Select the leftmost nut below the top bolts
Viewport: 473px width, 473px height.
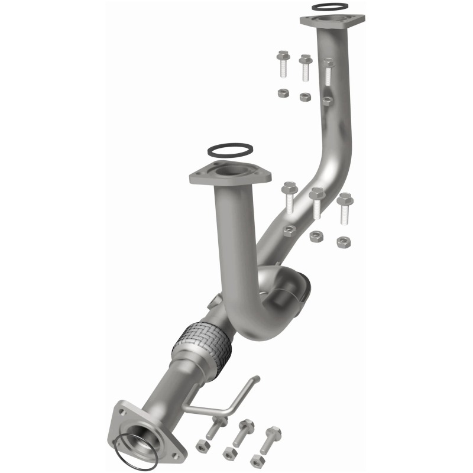283,93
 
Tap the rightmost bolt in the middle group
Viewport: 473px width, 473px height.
345,206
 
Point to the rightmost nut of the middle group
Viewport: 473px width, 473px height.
342,241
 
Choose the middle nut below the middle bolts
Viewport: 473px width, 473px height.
316,236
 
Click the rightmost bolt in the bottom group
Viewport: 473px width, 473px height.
272,438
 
